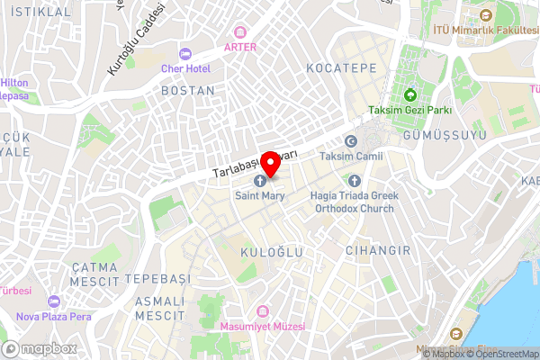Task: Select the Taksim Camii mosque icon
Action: coord(351,140)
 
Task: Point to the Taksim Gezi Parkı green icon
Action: coord(409,94)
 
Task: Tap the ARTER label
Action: coord(240,47)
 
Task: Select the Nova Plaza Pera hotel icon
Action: coord(54,301)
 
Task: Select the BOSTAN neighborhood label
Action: coord(187,91)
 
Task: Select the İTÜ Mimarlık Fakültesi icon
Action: coord(485,15)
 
